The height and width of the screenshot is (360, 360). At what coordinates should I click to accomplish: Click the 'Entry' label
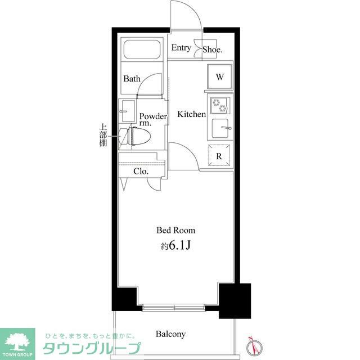click(x=181, y=48)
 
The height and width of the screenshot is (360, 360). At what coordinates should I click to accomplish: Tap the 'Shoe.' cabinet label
click(x=213, y=49)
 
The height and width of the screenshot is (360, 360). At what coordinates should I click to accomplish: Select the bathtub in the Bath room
click(x=142, y=51)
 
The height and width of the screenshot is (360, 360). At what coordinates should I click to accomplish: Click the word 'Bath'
click(x=132, y=79)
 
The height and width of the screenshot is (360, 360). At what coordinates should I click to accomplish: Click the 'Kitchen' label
click(x=192, y=114)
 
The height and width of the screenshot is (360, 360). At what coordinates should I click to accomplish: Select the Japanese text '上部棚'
click(x=103, y=136)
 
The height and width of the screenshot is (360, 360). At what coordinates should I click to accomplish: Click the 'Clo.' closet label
click(x=141, y=172)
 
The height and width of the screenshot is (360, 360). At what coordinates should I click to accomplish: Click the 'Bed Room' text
click(x=176, y=230)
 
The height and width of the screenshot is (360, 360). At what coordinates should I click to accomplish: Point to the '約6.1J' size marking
click(x=176, y=245)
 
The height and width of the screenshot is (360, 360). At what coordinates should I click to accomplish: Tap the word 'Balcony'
click(x=171, y=334)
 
